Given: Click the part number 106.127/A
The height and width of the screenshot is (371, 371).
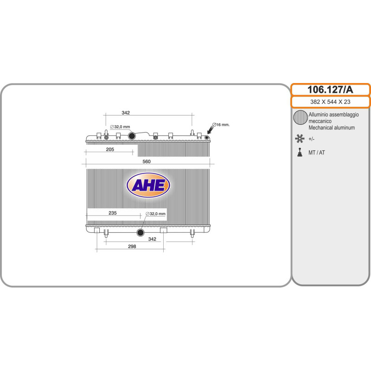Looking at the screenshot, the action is [330, 90].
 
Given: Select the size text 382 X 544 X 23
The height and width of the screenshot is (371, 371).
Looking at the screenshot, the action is [330, 102].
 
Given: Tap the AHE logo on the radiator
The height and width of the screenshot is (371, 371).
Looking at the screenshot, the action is [148, 185].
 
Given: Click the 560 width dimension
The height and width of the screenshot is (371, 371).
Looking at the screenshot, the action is [147, 161].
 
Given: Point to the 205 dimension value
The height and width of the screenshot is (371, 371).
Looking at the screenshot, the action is [110, 149].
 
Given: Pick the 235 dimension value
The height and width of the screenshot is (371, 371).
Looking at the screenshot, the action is [113, 213].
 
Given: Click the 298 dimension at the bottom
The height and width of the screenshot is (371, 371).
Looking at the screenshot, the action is [132, 246].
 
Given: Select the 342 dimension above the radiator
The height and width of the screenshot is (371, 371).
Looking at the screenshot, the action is [126, 113].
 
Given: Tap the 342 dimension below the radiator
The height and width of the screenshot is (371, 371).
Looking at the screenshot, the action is [152, 239].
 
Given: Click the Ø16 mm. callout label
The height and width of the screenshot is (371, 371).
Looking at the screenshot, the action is [221, 125].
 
